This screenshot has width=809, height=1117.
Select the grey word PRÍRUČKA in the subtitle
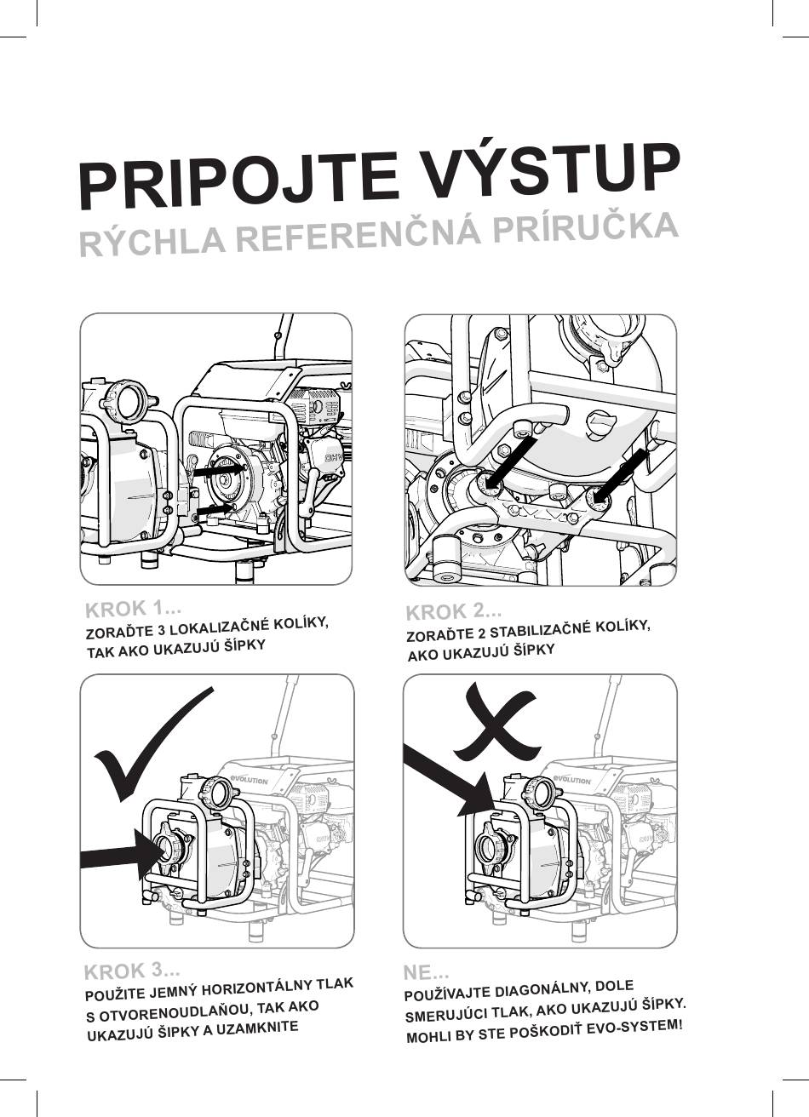[x=584, y=228]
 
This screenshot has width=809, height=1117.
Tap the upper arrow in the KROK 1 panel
[x=220, y=470]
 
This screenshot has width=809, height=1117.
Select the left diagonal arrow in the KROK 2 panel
[x=510, y=464]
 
